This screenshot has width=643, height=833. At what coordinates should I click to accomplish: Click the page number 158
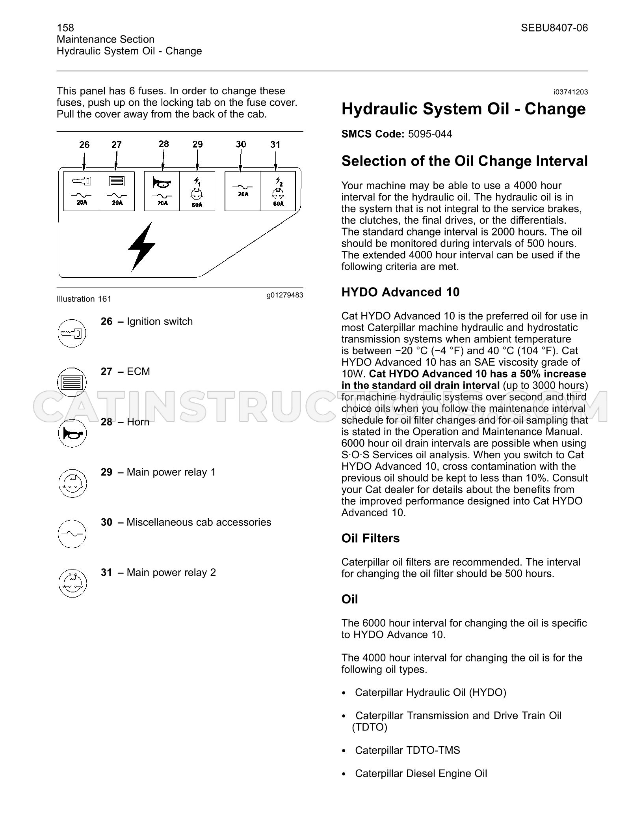[65, 28]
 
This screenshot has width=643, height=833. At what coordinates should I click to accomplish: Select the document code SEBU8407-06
[554, 28]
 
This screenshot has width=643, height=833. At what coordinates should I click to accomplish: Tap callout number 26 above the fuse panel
[84, 145]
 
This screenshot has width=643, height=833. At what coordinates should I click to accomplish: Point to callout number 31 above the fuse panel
[275, 145]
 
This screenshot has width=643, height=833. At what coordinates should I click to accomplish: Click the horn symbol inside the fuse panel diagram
[162, 183]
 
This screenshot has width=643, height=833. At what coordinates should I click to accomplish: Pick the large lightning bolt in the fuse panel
[142, 247]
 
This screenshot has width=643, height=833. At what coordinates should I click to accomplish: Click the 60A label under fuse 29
[197, 205]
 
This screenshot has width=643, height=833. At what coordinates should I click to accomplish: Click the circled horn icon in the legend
[72, 433]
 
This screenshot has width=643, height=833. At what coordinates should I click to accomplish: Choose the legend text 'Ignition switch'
[160, 321]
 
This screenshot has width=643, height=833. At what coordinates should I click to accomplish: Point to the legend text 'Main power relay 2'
[171, 572]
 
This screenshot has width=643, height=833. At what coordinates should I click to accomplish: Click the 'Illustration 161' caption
[84, 299]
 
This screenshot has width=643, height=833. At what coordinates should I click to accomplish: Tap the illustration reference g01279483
[285, 295]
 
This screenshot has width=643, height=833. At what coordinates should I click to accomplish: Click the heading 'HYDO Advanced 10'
[400, 292]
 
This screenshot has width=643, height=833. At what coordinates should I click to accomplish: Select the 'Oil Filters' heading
[370, 538]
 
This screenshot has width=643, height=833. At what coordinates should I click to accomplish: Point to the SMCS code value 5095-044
[430, 134]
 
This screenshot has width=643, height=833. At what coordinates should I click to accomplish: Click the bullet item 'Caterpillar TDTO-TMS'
[407, 750]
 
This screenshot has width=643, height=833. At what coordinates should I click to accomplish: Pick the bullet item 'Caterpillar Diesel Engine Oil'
[421, 773]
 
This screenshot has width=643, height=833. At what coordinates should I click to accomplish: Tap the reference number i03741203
[571, 92]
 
